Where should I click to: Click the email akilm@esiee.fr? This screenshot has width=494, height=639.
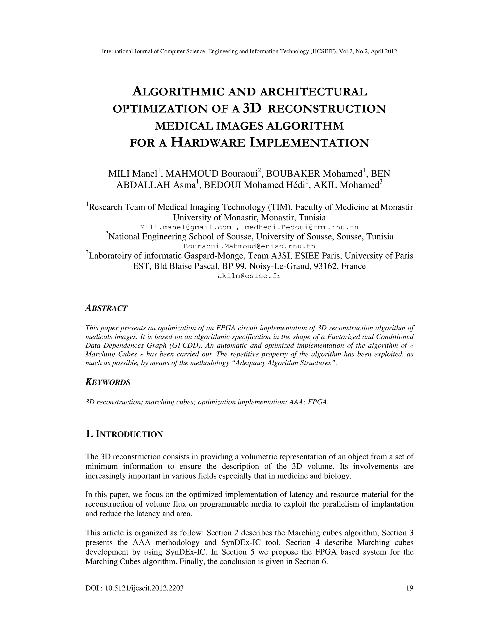click(249, 276)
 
